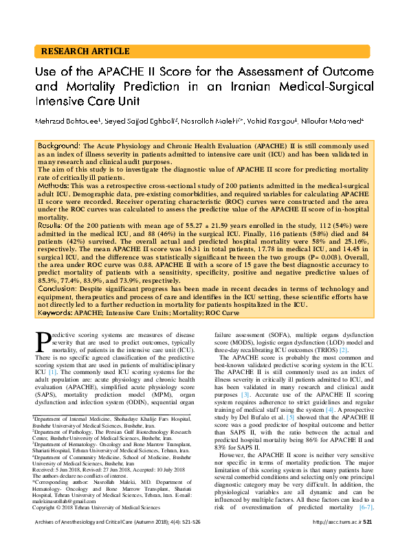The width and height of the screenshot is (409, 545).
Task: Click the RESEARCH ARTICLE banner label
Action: [85, 51]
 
